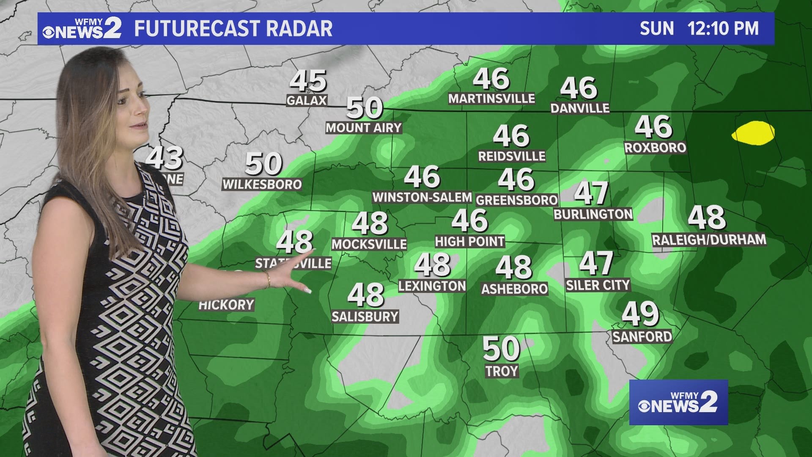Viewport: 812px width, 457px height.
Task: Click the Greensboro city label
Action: click(516, 200)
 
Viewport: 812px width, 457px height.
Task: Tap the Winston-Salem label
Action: click(422, 197)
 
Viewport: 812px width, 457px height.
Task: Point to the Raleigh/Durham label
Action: click(709, 240)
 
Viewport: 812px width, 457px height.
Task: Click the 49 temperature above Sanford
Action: click(640, 314)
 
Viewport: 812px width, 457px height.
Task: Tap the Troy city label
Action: click(502, 371)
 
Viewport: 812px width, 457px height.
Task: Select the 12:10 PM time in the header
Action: click(723, 29)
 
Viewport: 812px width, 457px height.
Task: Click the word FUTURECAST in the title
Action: click(194, 29)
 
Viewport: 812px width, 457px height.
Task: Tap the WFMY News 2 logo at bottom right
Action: click(678, 402)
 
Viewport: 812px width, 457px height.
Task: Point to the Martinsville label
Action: click(491, 99)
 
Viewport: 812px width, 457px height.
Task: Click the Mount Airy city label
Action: click(363, 128)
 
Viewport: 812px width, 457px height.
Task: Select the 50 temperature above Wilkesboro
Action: click(263, 164)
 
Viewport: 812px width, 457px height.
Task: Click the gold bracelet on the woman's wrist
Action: click(268, 279)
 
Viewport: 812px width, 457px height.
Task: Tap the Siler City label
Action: click(598, 285)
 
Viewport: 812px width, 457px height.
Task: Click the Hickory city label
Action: click(226, 305)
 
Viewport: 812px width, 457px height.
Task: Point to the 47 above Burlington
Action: click(591, 193)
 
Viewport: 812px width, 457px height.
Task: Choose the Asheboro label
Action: click(514, 289)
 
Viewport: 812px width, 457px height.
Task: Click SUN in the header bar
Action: click(656, 29)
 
